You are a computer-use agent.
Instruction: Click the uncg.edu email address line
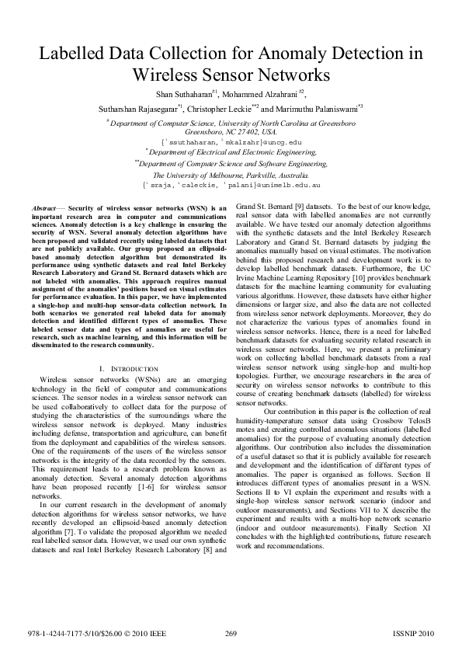click(231, 143)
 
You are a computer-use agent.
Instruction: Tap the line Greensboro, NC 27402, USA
click(231, 132)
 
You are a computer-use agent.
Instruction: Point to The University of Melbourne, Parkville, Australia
click(231, 176)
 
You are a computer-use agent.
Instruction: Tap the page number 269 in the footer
click(231, 634)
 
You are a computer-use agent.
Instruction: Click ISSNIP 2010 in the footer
click(415, 634)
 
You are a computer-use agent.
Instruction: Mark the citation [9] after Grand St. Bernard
click(303, 209)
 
